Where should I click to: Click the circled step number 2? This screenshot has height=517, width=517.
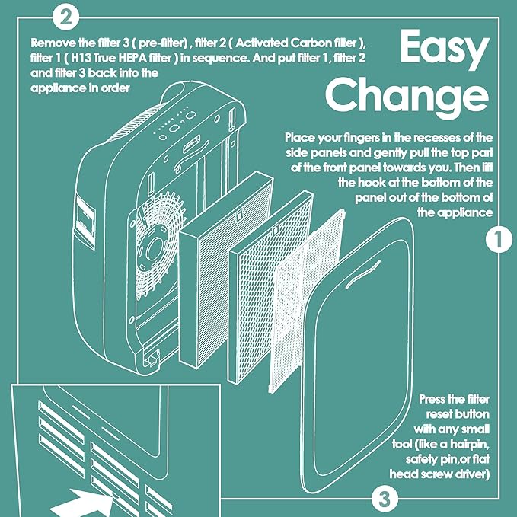pos(66,18)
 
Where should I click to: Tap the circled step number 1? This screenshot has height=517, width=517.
pos(499,239)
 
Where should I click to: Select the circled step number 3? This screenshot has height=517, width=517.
pos(384,499)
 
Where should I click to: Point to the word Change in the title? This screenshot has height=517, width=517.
pos(407,96)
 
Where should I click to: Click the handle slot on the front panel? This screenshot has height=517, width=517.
pos(362,274)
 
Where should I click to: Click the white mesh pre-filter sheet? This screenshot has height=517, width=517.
pos(307,301)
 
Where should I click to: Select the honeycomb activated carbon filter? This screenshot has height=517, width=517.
pos(270,287)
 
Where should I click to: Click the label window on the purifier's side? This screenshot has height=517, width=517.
pos(85,220)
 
